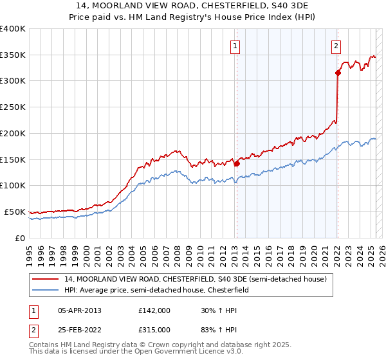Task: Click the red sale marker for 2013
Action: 237,163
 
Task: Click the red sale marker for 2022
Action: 338,73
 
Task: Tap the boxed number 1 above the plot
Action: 236,46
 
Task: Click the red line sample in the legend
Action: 46,279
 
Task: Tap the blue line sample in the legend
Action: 46,290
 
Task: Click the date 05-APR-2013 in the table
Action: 79,310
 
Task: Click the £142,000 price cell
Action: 154,310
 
